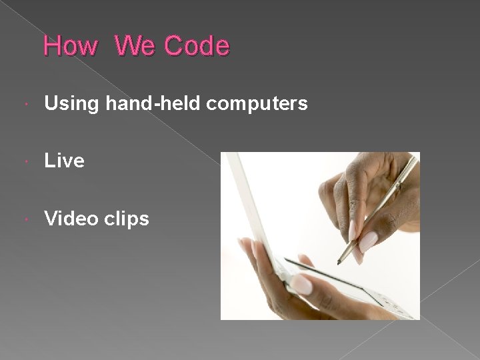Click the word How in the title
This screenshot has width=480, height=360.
[71, 47]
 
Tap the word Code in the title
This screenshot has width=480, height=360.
[197, 47]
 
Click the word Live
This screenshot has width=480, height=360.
[64, 161]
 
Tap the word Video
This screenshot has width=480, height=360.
[71, 218]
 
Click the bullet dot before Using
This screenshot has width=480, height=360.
[25, 104]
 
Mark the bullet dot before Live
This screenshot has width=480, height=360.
[25, 161]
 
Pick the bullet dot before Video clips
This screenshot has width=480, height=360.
[25, 219]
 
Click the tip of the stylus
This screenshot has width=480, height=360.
[339, 263]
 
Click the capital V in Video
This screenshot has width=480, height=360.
[51, 218]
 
